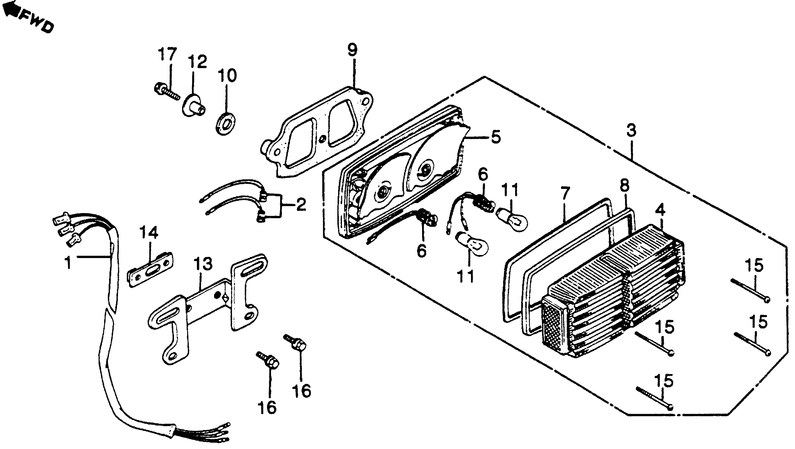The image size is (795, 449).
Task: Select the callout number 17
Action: pos(168,55)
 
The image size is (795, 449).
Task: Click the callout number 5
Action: pos(496,137)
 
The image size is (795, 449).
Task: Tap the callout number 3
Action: pos(631,131)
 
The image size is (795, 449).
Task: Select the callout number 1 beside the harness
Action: pos(68,263)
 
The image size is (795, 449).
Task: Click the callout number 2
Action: pos(301,204)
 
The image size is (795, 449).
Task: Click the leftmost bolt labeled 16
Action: pos(268,361)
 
